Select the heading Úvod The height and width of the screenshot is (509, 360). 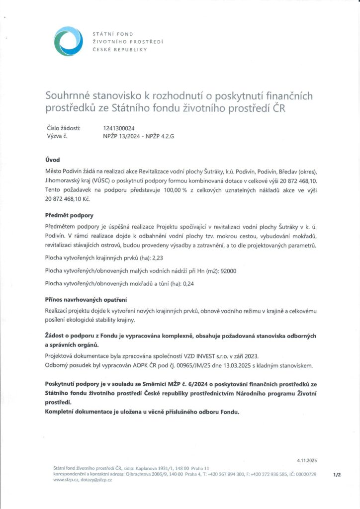[x=52, y=160]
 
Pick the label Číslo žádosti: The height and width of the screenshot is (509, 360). [x=64, y=128]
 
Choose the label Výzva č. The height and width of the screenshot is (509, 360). [x=57, y=135]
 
